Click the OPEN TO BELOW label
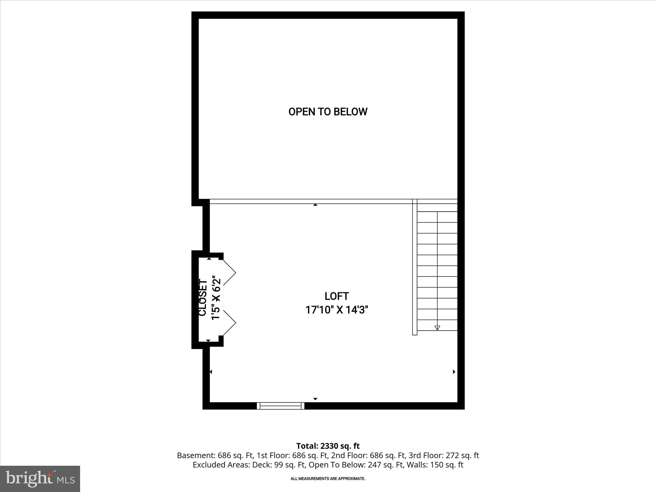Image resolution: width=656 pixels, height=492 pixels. [328, 112]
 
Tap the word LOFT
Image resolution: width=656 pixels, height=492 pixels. [336, 296]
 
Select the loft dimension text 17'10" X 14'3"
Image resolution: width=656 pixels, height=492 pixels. [336, 310]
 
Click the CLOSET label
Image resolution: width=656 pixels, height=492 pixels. [203, 298]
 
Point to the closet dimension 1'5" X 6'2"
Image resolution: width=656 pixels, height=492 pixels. [216, 299]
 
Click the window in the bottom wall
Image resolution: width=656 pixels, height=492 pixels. [281, 406]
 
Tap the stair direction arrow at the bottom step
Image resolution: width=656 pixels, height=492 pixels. [437, 328]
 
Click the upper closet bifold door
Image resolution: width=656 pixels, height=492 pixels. [229, 272]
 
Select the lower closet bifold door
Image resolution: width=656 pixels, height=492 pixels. [229, 323]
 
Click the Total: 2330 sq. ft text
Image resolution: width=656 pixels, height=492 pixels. [328, 446]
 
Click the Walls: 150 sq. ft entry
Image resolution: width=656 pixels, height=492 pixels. [435, 465]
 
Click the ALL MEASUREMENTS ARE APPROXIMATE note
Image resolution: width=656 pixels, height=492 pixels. [328, 479]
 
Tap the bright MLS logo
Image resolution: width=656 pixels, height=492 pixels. [40, 479]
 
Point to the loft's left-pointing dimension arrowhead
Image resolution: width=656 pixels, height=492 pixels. [211, 372]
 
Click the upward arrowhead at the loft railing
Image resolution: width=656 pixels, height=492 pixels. [315, 204]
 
